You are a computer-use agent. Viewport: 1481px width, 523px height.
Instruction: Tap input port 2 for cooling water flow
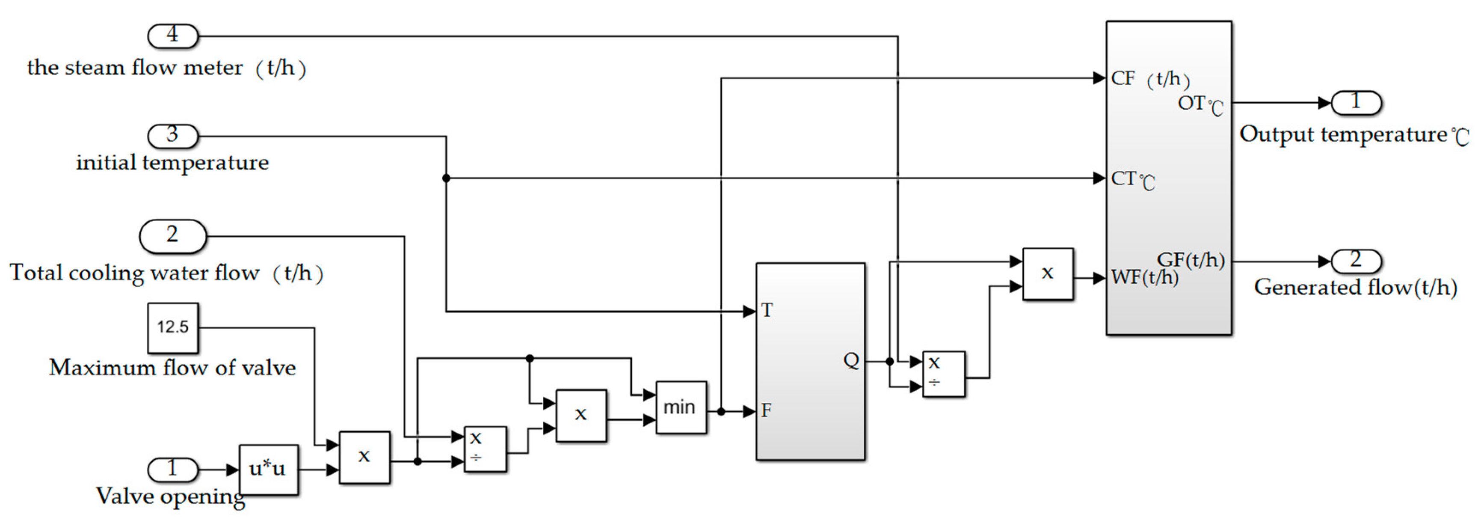(172, 236)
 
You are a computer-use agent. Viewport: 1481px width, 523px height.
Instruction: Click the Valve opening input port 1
(172, 470)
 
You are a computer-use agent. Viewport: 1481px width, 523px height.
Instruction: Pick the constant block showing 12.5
(172, 328)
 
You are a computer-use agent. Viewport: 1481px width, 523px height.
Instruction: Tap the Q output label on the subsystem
(851, 361)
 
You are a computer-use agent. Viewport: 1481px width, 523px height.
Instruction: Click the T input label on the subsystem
(767, 311)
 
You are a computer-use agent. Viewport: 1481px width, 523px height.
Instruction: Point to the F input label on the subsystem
(766, 411)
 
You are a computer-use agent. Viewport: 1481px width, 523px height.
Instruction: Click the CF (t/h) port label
(1149, 79)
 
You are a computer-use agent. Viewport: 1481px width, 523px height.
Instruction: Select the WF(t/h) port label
(1144, 277)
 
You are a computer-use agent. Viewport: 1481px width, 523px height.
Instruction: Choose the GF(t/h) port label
(1190, 260)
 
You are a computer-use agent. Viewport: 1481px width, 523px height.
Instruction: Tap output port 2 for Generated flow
(1356, 261)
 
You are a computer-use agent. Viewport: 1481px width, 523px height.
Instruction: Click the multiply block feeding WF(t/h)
(1048, 274)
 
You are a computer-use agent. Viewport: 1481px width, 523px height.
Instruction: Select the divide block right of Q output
(943, 374)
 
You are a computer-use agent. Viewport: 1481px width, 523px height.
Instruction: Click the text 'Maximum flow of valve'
(172, 368)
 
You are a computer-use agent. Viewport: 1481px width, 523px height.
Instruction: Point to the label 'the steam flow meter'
(135, 68)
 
